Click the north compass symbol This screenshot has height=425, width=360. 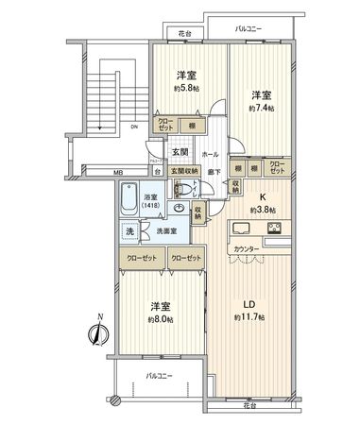96,333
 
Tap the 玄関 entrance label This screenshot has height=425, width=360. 180,151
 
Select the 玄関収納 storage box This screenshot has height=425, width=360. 184,171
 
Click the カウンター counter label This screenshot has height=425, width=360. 245,248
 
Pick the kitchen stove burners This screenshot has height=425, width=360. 275,228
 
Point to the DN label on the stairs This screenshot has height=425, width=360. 134,127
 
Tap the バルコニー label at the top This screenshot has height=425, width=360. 249,28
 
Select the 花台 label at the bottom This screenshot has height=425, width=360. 249,404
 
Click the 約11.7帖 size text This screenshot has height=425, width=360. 250,316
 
